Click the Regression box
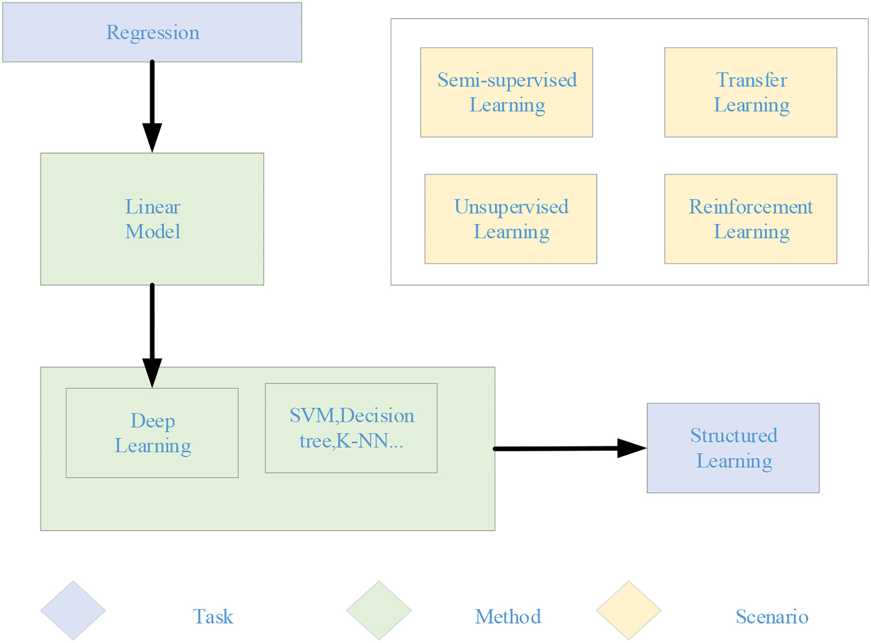point(152,32)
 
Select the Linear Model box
point(152,219)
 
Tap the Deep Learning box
point(152,433)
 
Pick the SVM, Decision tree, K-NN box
point(351,428)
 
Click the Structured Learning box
point(733,448)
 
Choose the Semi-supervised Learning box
point(506,92)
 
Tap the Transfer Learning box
point(751,92)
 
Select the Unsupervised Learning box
point(510,219)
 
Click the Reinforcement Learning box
point(751,219)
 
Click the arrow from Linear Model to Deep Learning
point(152,335)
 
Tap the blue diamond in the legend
point(73,611)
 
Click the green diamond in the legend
point(378,611)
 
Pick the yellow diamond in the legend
point(628,611)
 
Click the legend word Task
point(213,616)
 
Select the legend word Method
point(508,616)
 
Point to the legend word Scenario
point(772,616)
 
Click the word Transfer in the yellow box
point(751,80)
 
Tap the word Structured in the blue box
point(733,435)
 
